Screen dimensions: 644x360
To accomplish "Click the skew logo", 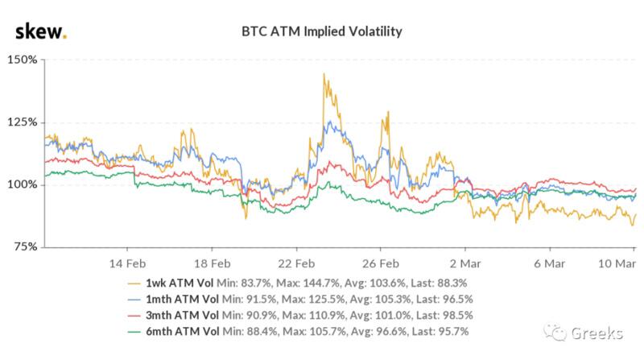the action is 41,32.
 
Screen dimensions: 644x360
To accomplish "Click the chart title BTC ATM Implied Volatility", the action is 321,31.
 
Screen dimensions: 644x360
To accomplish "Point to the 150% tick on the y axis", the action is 23,60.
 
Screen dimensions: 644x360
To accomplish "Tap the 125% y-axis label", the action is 23,122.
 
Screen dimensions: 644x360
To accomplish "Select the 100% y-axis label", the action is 23,184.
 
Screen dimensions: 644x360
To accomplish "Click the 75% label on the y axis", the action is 26,246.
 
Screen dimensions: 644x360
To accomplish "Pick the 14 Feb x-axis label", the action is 127,263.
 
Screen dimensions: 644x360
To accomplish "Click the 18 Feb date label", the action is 212,263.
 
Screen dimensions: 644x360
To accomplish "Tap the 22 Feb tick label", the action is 296,263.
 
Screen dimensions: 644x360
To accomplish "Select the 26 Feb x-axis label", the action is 381,263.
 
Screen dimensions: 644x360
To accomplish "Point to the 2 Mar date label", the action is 465,263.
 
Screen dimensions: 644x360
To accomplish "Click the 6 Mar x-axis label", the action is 550,263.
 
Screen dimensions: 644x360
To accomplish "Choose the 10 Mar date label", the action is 617,263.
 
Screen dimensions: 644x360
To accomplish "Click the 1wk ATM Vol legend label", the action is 180,283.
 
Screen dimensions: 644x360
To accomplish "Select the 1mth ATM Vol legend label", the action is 183,299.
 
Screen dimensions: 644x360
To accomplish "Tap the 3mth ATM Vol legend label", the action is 183,315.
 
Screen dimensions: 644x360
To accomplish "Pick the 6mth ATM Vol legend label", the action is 183,331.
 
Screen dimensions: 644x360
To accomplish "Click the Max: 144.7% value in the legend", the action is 308,283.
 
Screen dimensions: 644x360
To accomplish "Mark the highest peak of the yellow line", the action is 324,74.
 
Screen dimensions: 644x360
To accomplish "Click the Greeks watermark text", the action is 597,333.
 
